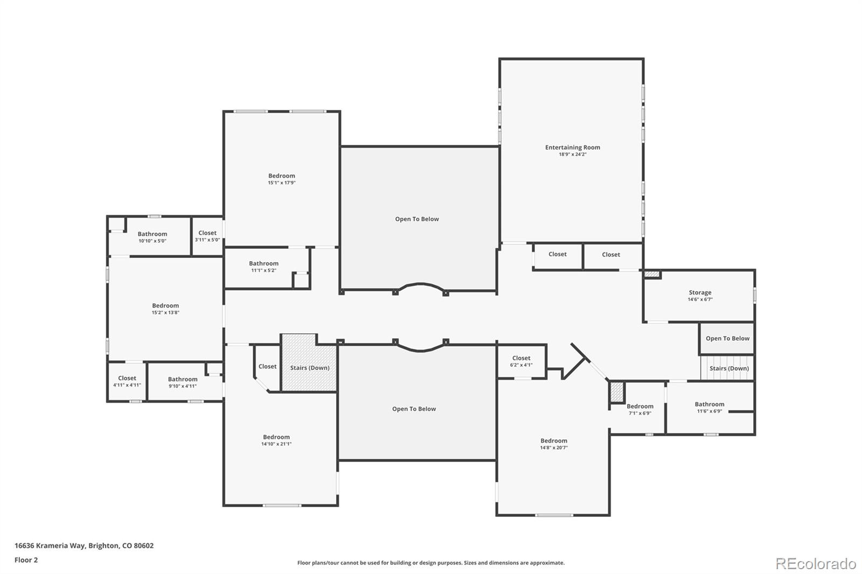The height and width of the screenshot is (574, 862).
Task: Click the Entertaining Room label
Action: point(573,148)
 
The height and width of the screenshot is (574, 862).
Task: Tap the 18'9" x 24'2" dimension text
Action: point(573,155)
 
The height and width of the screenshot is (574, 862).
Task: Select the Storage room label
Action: point(700,292)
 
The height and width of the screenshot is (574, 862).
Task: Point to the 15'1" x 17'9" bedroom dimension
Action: point(282,183)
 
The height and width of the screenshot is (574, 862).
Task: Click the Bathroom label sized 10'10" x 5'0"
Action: point(152,234)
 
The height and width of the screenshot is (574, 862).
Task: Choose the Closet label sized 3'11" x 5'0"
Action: point(207,233)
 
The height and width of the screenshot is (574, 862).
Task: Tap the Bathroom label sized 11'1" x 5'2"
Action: point(263,263)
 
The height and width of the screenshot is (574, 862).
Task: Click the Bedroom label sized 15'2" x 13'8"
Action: point(165,306)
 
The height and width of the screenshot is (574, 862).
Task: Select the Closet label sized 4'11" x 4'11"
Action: point(127,378)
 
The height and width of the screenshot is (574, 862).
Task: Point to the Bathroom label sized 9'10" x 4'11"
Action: point(183,379)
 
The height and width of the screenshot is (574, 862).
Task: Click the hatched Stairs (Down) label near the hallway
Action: point(310,368)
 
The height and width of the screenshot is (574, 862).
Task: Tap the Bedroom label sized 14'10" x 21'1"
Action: point(276,437)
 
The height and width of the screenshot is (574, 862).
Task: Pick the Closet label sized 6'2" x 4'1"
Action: point(522,358)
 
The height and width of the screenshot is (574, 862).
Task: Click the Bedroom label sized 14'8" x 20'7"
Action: point(554,441)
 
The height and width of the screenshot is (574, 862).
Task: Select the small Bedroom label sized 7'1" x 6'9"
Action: point(640,406)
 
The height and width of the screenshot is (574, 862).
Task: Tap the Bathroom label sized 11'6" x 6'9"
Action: point(710,404)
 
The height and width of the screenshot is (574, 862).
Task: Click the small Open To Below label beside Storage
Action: point(728,339)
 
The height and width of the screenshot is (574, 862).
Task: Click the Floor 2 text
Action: point(26,560)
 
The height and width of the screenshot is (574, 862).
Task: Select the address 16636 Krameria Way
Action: point(50,545)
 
